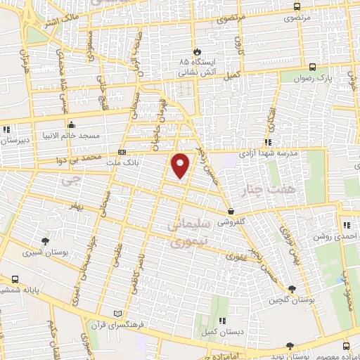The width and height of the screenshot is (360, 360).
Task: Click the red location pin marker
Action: click(x=181, y=165)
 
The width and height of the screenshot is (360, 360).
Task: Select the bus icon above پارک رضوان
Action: click(x=311, y=67)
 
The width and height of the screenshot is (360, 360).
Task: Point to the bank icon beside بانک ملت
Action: click(x=122, y=151)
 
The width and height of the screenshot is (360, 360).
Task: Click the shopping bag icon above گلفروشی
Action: click(x=231, y=211)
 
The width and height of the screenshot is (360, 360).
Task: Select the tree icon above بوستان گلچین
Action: click(x=292, y=288)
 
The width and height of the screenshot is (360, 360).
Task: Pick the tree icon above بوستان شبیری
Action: click(x=44, y=240)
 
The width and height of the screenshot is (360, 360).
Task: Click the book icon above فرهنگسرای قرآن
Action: click(x=117, y=313)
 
